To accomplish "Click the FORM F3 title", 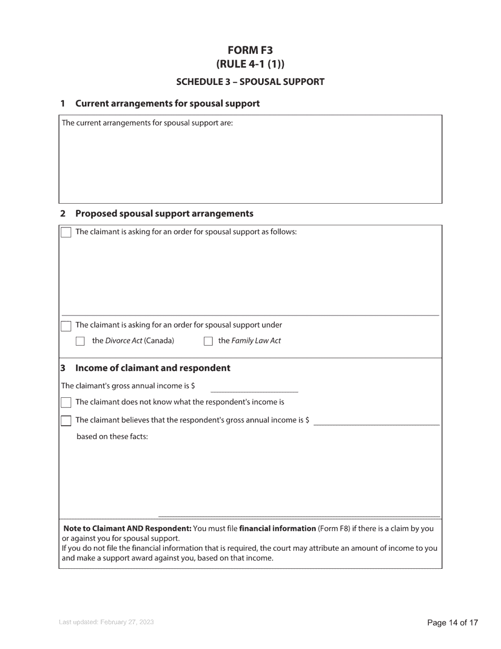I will pyautogui.click(x=250, y=50).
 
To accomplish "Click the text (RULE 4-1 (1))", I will pyautogui.click(x=250, y=64).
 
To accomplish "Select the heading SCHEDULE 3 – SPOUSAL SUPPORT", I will pyautogui.click(x=250, y=82).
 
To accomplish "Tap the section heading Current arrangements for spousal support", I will pyautogui.click(x=167, y=103).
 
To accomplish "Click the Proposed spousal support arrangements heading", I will pyautogui.click(x=164, y=214).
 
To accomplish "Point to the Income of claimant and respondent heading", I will pyautogui.click(x=152, y=368).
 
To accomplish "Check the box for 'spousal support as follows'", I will pyautogui.click(x=66, y=232).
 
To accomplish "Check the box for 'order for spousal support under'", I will pyautogui.click(x=66, y=326).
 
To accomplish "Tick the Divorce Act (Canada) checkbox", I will pyautogui.click(x=80, y=341).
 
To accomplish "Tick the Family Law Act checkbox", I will pyautogui.click(x=208, y=341).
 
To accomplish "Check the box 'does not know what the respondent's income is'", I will pyautogui.click(x=66, y=403).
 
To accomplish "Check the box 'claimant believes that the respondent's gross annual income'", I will pyautogui.click(x=66, y=421).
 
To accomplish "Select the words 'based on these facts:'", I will pyautogui.click(x=112, y=436).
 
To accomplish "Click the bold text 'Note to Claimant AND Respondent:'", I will pyautogui.click(x=127, y=528).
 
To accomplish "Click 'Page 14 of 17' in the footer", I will pyautogui.click(x=452, y=623).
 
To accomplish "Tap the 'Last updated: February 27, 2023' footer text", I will pyautogui.click(x=107, y=623).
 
